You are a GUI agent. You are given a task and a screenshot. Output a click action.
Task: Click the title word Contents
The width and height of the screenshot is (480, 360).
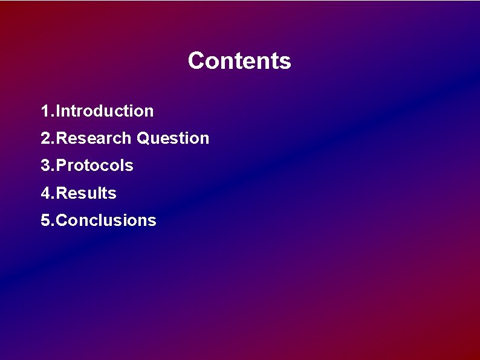[239, 61]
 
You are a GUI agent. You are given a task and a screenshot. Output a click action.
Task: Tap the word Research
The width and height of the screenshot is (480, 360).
[94, 138]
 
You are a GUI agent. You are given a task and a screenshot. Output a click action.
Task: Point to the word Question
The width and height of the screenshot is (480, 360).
[173, 138]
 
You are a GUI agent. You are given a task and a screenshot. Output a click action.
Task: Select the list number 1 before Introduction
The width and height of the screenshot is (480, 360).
[45, 111]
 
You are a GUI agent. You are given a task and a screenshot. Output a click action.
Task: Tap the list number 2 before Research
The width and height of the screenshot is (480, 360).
[45, 138]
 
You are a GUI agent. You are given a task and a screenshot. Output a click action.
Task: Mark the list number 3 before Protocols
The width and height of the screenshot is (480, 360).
[45, 166]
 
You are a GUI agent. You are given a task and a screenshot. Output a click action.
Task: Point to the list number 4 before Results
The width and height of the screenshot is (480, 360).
[45, 193]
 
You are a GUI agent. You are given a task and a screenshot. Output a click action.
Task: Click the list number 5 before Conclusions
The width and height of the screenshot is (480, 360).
[45, 220]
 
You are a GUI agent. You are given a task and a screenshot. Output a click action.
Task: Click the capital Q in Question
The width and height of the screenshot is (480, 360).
[143, 138]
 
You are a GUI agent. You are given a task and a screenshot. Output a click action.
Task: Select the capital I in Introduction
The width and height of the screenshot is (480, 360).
[57, 111]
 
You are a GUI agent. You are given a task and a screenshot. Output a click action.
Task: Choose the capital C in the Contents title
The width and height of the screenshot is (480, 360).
[195, 61]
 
